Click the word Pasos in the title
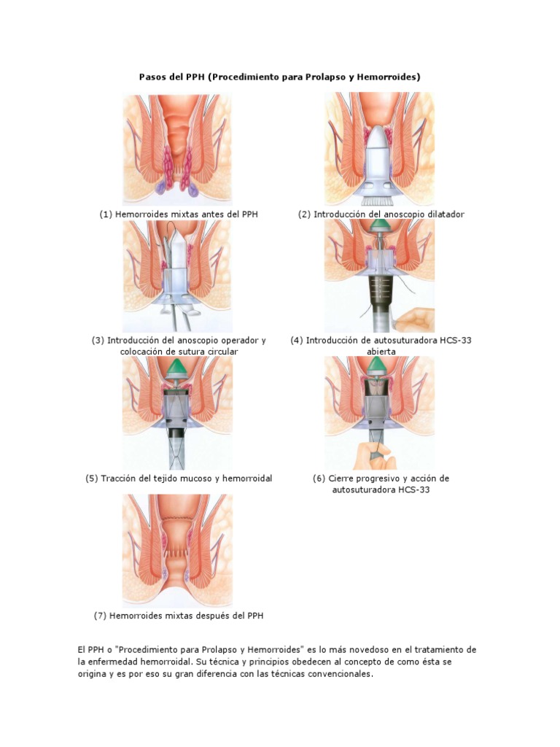point(153,76)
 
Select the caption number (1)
point(106,214)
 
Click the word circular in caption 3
point(220,352)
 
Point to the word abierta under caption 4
point(381,352)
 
